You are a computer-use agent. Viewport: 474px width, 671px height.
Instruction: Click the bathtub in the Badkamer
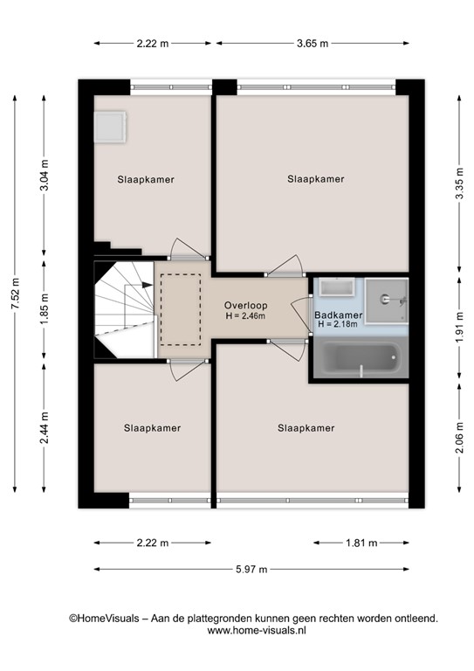coord(358,360)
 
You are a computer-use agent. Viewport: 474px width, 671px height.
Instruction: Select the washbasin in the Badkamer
coord(334,289)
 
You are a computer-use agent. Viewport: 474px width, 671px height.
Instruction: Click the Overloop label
coord(245,305)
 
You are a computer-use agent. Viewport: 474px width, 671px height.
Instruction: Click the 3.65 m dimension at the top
coord(312,43)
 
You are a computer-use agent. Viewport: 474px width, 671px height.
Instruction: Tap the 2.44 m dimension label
coord(45,428)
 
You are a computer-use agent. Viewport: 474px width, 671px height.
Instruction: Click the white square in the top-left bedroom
coord(113,127)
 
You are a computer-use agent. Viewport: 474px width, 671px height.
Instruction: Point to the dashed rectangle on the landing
coord(181,308)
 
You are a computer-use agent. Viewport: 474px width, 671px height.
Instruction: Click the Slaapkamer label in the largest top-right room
coord(316,179)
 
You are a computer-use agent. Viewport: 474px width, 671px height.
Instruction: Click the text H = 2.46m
coord(245,315)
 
